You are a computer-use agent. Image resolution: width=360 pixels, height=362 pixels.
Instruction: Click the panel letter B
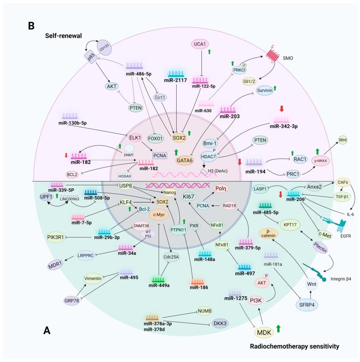pos(31,26)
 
